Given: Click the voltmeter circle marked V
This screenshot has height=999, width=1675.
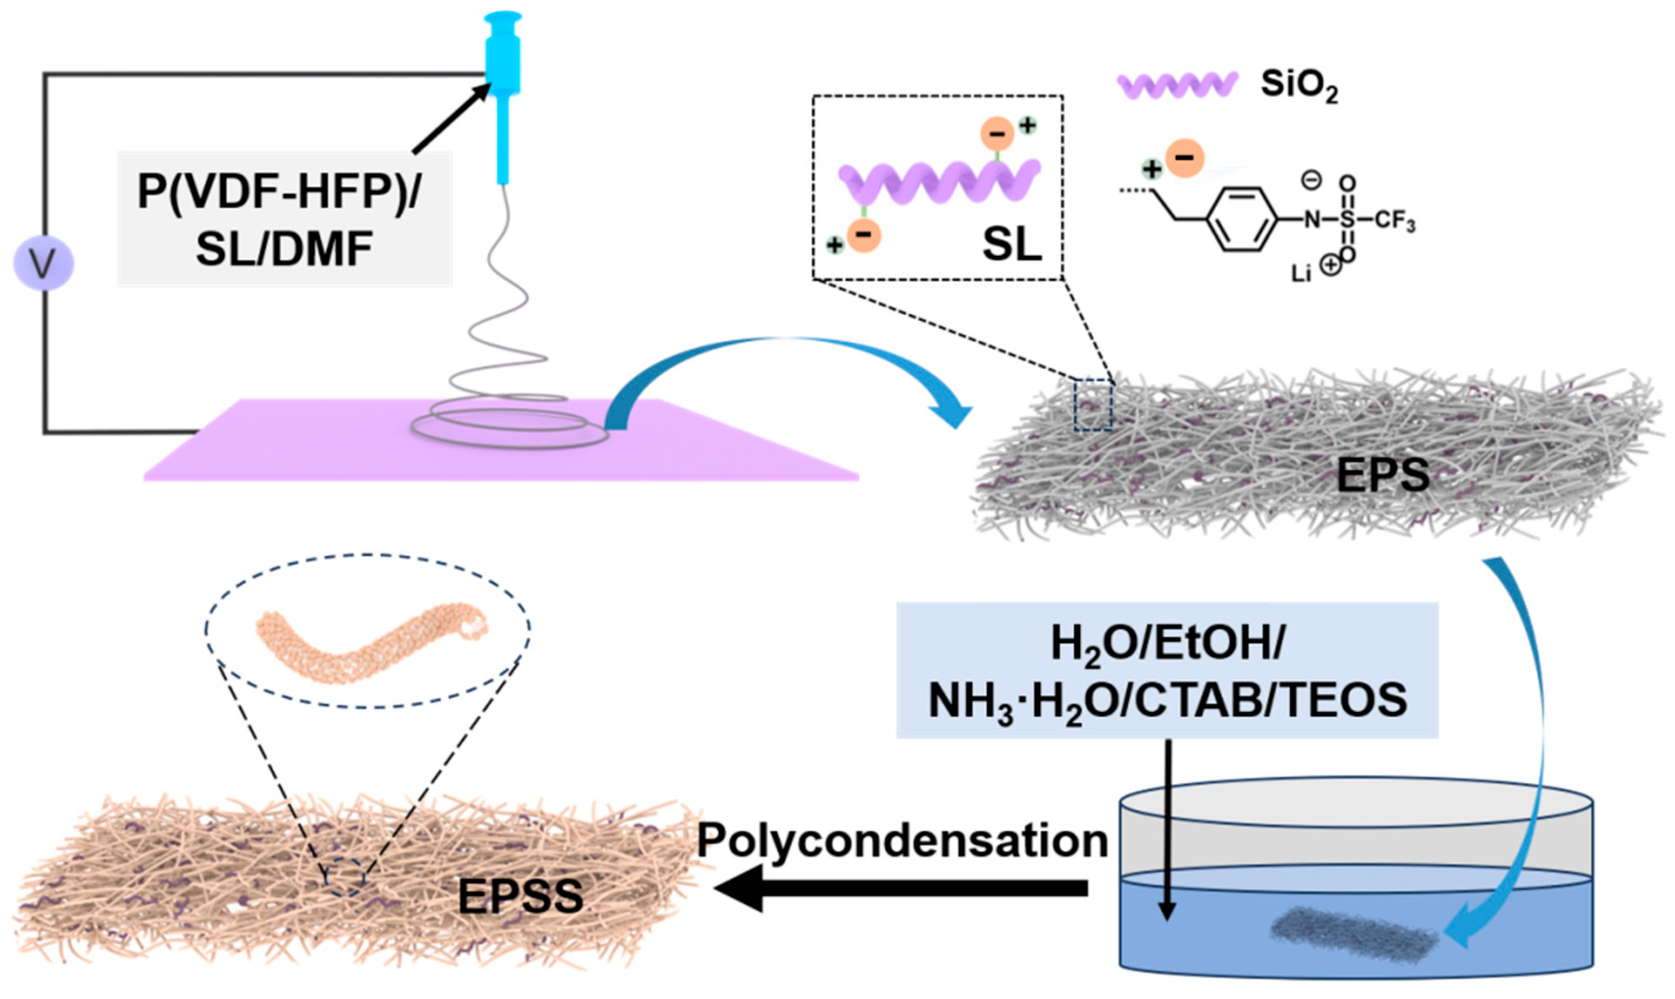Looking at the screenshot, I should pyautogui.click(x=44, y=264).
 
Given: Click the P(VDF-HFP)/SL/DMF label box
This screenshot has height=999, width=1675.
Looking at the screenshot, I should pyautogui.click(x=284, y=220).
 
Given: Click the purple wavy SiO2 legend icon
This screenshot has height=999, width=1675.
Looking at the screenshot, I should pyautogui.click(x=1176, y=86).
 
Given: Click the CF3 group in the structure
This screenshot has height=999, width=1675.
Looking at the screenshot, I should pyautogui.click(x=1394, y=221).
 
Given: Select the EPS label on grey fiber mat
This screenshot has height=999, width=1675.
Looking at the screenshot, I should pyautogui.click(x=1382, y=475).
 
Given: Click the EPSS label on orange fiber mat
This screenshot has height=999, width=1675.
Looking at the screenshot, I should pyautogui.click(x=520, y=896).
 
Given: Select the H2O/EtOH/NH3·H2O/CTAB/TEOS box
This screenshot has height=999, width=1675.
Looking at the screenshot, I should pyautogui.click(x=1167, y=670).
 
